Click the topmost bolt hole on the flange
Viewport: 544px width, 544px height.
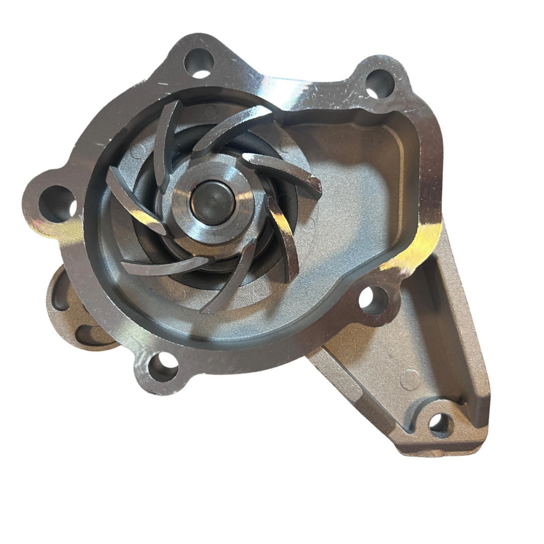(199, 63)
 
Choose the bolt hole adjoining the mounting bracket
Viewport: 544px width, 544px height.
(374, 301)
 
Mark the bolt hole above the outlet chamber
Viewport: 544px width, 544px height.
(379, 83)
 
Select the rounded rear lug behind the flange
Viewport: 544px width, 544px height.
(76, 312)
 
